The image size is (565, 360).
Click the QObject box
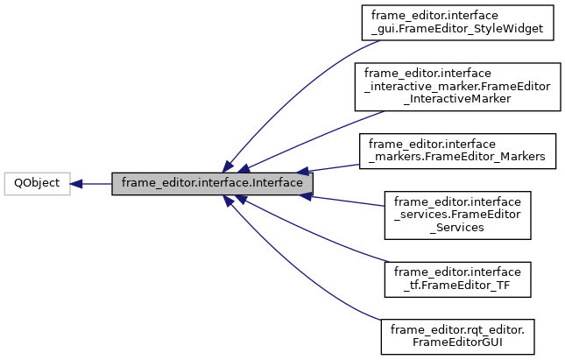[x=37, y=184]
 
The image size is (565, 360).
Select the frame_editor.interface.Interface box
[x=212, y=184]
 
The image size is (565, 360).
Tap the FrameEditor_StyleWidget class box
[x=456, y=22]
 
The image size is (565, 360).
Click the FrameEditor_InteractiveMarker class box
[x=456, y=86]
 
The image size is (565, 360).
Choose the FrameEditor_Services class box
[x=456, y=214]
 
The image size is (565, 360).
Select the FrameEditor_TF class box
[x=456, y=278]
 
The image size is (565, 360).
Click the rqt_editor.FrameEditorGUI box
[x=456, y=336]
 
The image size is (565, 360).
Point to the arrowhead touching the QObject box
[x=76, y=184]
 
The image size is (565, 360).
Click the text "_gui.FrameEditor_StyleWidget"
[x=456, y=28]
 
